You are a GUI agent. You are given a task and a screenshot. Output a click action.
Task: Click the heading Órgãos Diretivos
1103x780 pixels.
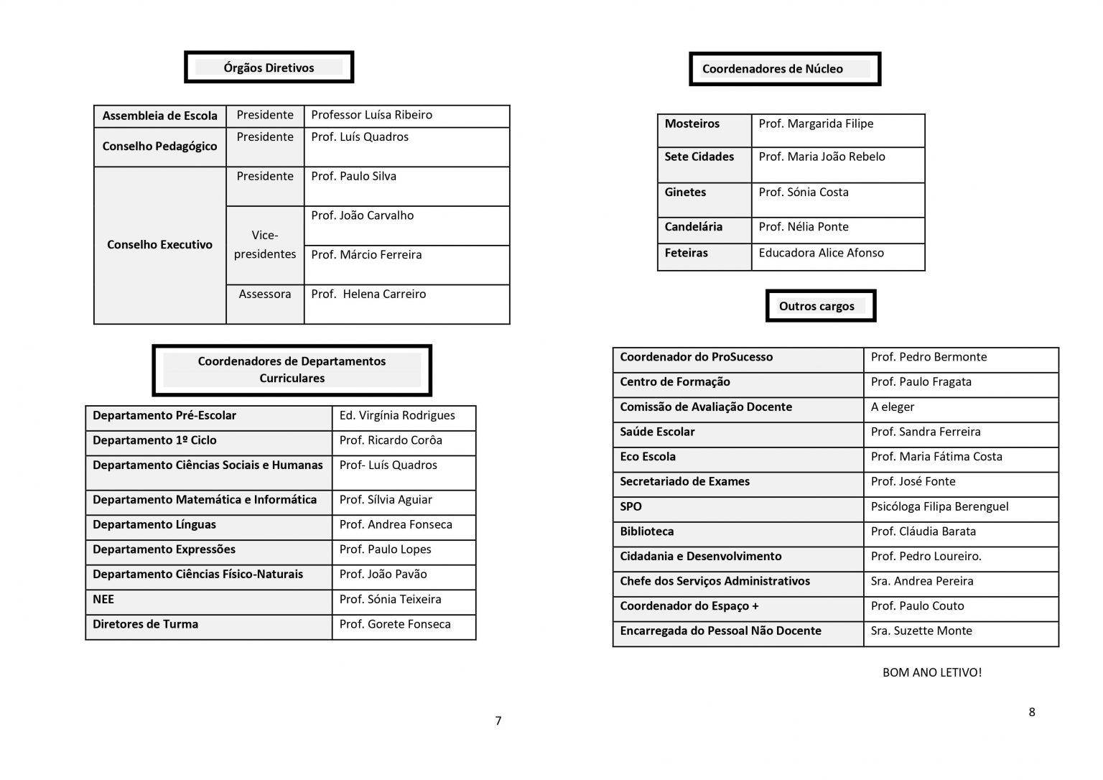(x=269, y=68)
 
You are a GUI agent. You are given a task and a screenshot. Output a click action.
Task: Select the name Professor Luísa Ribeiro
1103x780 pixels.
(x=371, y=115)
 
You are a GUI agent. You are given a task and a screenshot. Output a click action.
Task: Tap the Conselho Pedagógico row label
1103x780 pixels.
(x=159, y=147)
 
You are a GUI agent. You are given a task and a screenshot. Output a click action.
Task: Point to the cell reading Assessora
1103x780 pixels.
(x=265, y=294)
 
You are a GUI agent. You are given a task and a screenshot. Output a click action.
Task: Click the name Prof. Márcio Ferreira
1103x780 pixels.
(x=366, y=255)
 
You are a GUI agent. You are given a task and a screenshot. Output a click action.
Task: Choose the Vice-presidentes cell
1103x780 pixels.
(x=265, y=245)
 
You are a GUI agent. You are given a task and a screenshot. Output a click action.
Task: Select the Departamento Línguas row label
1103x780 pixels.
(x=154, y=525)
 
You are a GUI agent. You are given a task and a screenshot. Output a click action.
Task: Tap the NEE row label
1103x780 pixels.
(x=103, y=600)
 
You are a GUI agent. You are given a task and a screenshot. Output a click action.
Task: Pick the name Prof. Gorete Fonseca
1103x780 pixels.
(x=395, y=625)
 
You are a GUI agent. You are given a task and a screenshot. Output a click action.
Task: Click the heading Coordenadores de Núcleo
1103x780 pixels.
(x=773, y=69)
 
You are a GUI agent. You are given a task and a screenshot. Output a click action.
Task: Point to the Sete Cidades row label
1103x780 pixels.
(x=699, y=157)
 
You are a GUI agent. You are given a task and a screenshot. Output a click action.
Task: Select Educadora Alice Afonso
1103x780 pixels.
(x=821, y=253)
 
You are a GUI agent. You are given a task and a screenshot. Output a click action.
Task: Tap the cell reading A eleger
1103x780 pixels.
(x=893, y=407)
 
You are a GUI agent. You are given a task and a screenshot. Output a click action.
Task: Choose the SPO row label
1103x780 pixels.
(x=630, y=507)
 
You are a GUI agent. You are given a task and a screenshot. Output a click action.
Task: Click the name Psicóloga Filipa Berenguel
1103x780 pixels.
(x=939, y=507)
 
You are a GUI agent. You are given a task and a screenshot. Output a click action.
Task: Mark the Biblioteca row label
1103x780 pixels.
(x=646, y=532)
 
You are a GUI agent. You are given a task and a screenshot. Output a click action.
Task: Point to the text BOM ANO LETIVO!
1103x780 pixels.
(x=931, y=673)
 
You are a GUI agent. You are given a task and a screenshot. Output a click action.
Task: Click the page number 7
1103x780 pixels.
(x=498, y=721)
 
